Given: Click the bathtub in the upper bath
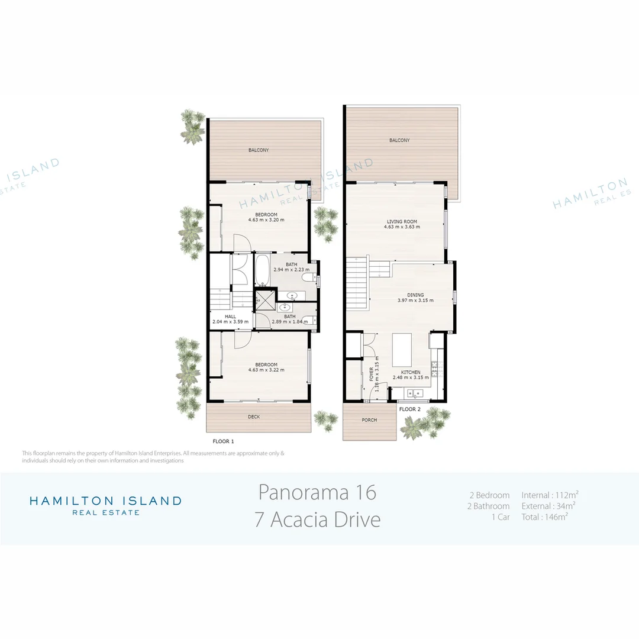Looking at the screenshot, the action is coord(262,269).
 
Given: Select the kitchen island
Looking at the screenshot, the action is coord(402,350).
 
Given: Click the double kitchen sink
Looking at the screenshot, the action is coord(414,393).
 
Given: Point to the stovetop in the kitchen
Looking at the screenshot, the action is coord(435,369).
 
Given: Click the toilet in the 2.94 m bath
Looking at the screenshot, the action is coord(309,278).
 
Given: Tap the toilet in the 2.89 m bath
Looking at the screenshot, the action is coord(309,320).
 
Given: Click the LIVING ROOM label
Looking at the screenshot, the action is coord(402,222).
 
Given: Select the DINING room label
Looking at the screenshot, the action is coord(415,295).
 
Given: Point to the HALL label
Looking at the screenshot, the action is coord(230,317).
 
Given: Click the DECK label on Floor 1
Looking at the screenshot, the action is coord(254,417).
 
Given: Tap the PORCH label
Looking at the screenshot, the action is coord(369,420).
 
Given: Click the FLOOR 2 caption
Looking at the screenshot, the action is coord(410,409).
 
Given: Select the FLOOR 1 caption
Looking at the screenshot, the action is coord(223,441).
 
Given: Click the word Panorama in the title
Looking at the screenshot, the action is coord(304,493).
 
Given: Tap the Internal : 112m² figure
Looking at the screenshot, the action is coord(550,495).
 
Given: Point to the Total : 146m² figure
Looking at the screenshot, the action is coord(544,517).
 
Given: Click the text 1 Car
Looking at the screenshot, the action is coord(501,517).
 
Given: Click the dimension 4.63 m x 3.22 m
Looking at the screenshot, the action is coord(266,370).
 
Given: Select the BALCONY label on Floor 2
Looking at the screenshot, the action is coord(399,140).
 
